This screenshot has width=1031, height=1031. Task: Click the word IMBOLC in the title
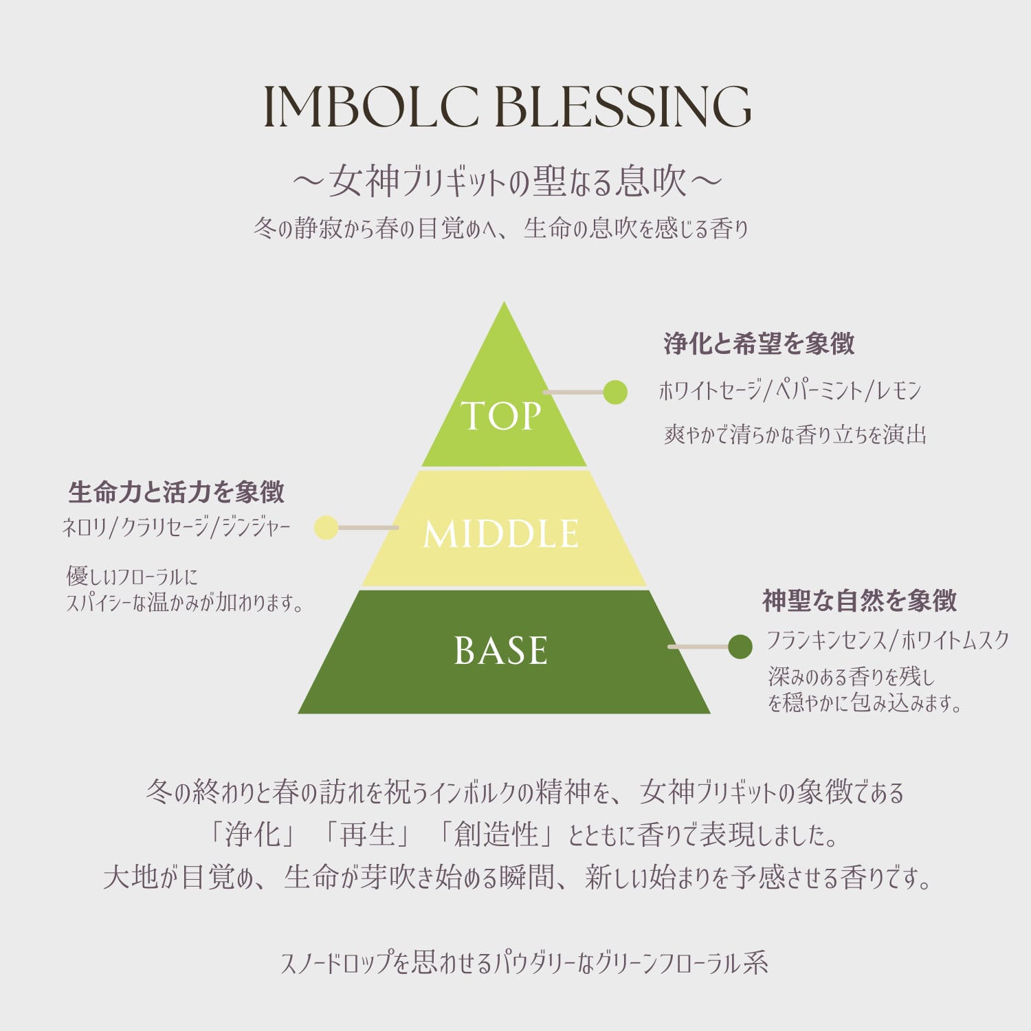(x=371, y=107)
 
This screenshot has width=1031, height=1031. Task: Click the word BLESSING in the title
(x=623, y=107)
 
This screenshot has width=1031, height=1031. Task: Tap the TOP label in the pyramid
(x=501, y=416)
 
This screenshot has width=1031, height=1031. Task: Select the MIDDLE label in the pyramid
(x=501, y=534)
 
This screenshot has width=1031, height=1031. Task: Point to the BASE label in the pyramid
(x=501, y=650)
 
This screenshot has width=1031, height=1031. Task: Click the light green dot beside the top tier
(x=615, y=392)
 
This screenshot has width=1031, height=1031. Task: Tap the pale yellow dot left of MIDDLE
(x=326, y=528)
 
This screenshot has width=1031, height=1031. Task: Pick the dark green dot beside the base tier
(x=740, y=647)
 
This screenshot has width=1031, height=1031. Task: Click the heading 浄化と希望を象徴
(x=759, y=344)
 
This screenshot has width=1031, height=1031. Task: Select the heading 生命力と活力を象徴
(x=177, y=492)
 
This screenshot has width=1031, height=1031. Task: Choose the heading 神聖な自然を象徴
(x=859, y=601)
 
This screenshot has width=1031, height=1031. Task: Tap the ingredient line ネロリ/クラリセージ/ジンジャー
(x=177, y=527)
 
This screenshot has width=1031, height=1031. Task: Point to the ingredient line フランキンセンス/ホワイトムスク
(x=887, y=641)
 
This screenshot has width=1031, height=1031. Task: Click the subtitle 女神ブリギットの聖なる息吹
(x=507, y=181)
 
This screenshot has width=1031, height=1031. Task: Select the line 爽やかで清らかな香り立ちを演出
(x=795, y=434)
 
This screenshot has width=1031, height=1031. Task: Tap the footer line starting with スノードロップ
(x=524, y=963)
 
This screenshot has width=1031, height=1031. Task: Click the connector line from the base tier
(x=698, y=647)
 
